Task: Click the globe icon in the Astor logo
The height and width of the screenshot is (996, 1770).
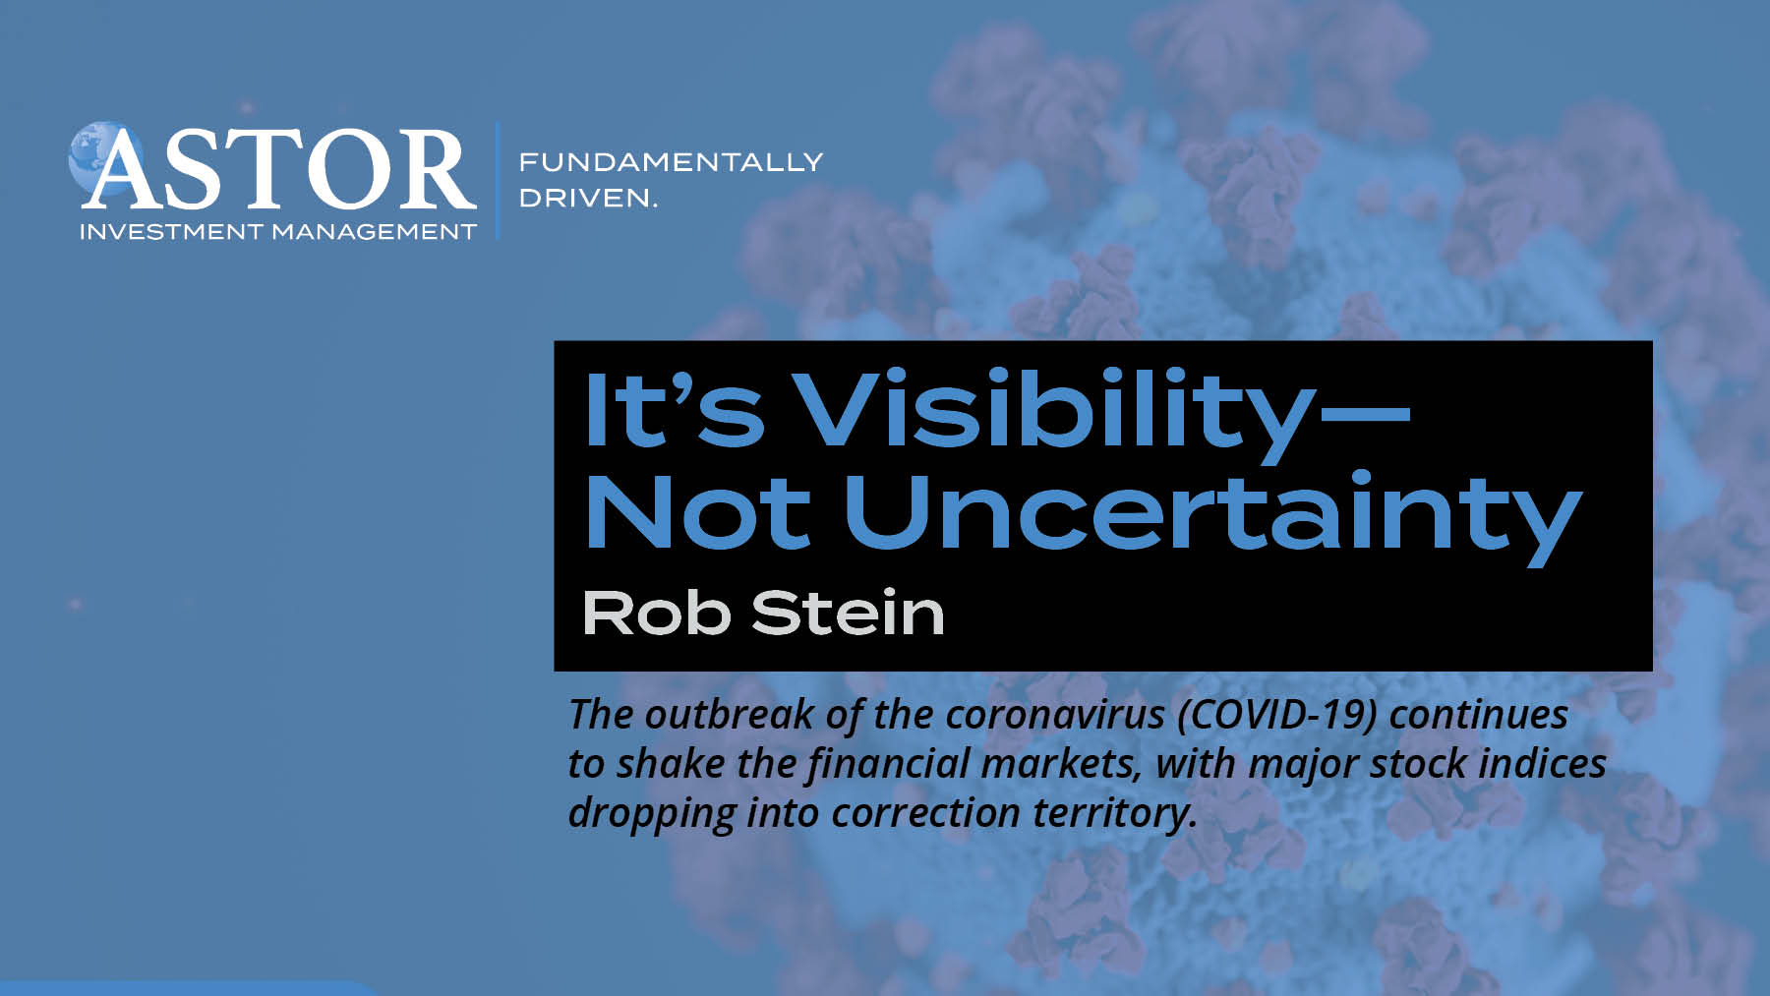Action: point(103,157)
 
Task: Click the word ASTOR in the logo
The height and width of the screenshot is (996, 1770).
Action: point(278,169)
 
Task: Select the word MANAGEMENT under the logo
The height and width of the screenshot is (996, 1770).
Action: point(374,232)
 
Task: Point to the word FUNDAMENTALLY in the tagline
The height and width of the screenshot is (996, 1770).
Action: point(671,161)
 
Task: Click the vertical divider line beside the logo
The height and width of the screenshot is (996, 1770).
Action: point(498,180)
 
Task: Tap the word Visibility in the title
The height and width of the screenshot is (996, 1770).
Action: point(1053,410)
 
